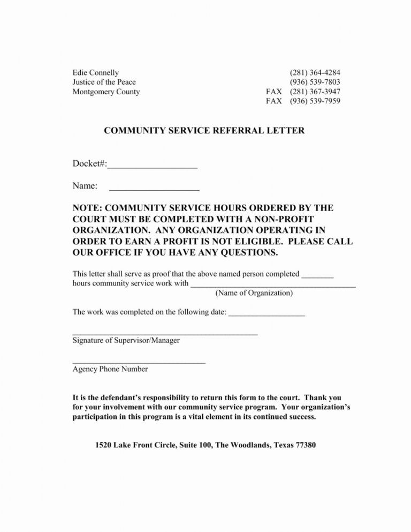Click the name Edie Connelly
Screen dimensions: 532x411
tap(96, 72)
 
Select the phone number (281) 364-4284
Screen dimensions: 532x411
tap(315, 72)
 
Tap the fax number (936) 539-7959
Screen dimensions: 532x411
tap(315, 101)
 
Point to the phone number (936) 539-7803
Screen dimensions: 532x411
tap(315, 82)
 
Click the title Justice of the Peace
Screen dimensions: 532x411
tap(104, 82)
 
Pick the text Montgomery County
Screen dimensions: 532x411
tap(106, 92)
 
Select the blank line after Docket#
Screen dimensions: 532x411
tap(153, 167)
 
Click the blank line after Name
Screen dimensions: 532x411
tap(154, 189)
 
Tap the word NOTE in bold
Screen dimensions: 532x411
tap(87, 208)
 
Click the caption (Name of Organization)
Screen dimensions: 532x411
tap(254, 293)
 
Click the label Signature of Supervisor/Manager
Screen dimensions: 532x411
tap(126, 340)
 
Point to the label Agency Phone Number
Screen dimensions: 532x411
tap(110, 369)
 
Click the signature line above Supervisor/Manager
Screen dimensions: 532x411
tap(165, 334)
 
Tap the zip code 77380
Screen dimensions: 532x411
tap(303, 445)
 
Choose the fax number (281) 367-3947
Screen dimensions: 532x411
tap(315, 92)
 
